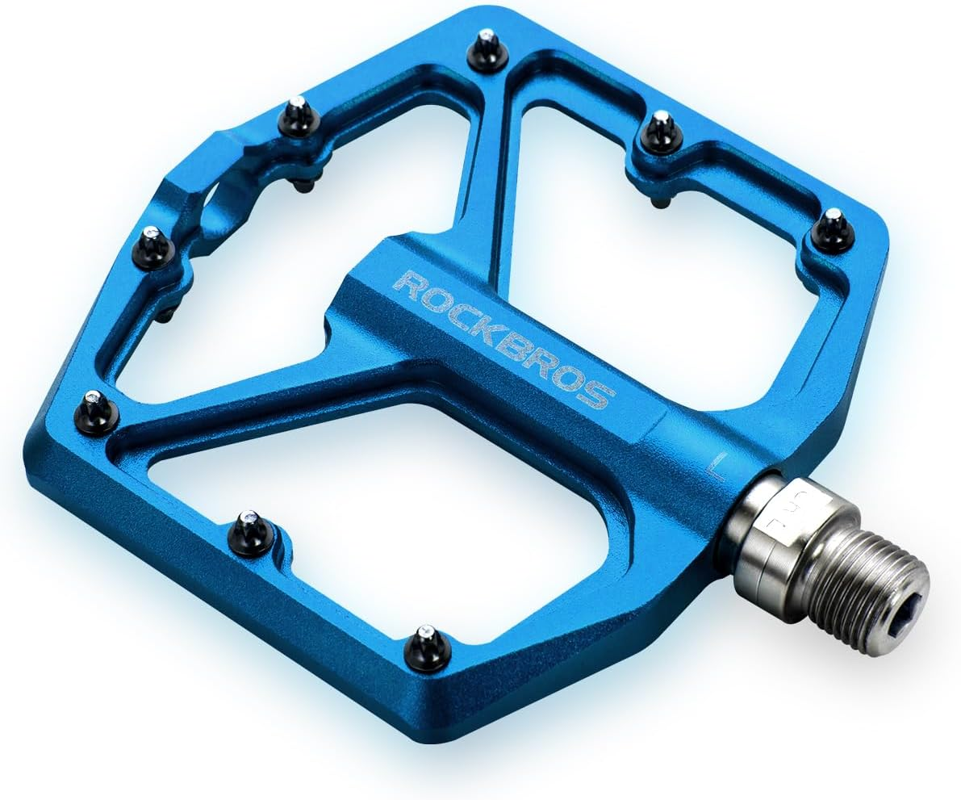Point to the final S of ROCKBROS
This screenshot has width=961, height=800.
click(601, 396)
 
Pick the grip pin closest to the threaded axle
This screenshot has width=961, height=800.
click(831, 229)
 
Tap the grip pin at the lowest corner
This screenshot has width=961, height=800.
click(426, 646)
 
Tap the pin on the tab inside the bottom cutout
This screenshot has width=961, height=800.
click(250, 533)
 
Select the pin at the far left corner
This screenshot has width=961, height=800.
click(97, 412)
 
